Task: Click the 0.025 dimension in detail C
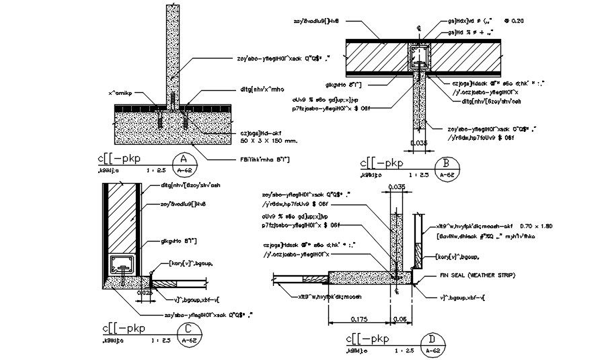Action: [145, 293]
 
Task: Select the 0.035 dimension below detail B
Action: [418, 143]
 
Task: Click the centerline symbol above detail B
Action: [419, 29]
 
